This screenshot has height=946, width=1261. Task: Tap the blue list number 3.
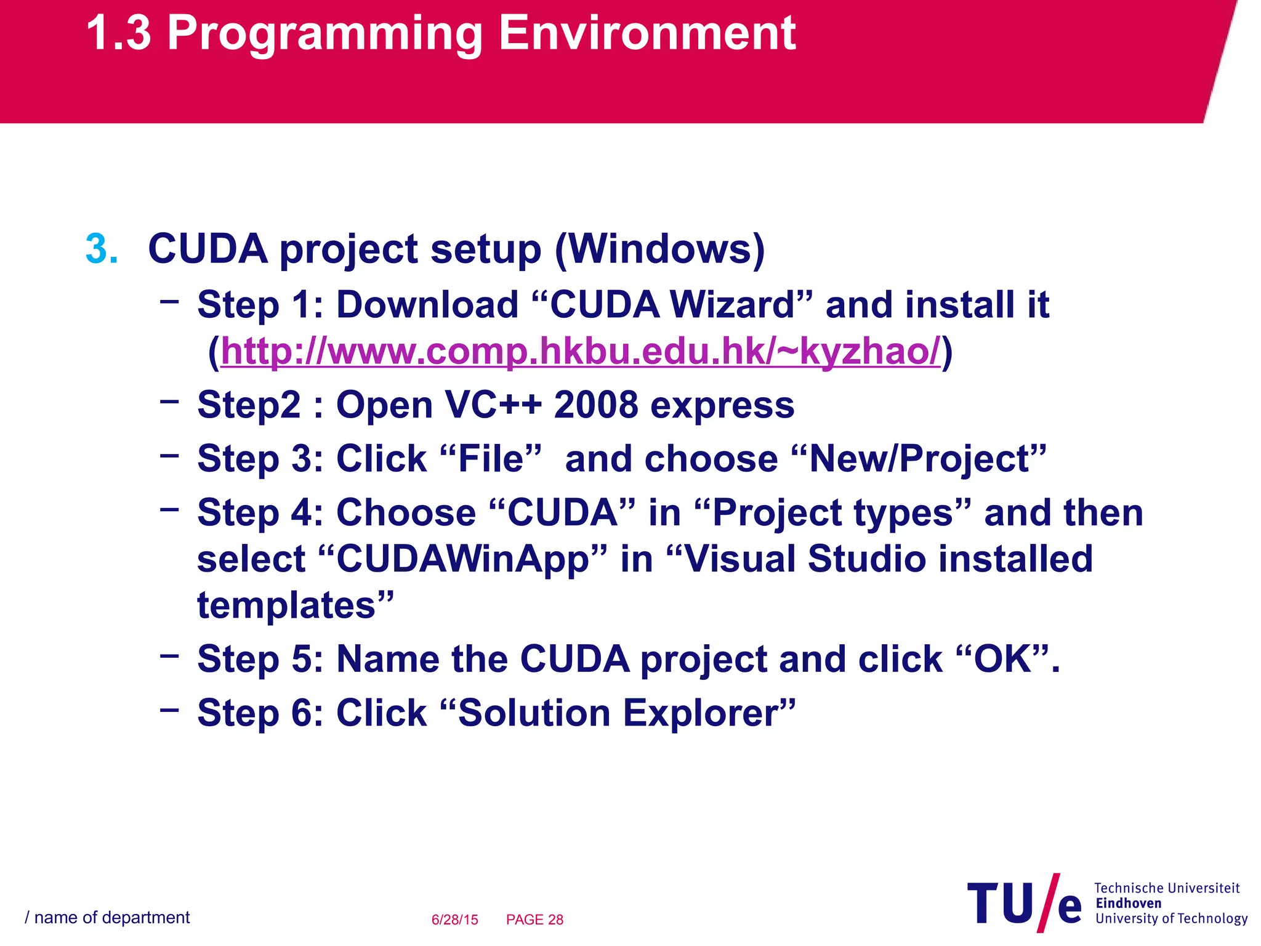coord(101,249)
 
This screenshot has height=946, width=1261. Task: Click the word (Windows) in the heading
coord(659,249)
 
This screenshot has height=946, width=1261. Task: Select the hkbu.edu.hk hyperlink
coord(580,352)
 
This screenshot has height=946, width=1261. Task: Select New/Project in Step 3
coord(917,459)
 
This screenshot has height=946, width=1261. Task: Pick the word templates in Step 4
coord(286,605)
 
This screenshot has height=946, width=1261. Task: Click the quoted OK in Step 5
coord(1002,659)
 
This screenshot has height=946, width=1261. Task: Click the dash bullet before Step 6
coord(169,709)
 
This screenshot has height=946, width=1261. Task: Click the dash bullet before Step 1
coord(169,301)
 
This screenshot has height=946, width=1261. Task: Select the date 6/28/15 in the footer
coord(454,920)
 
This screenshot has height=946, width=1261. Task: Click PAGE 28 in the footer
coord(534,920)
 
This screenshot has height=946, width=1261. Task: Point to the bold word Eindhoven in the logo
coord(1128,904)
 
